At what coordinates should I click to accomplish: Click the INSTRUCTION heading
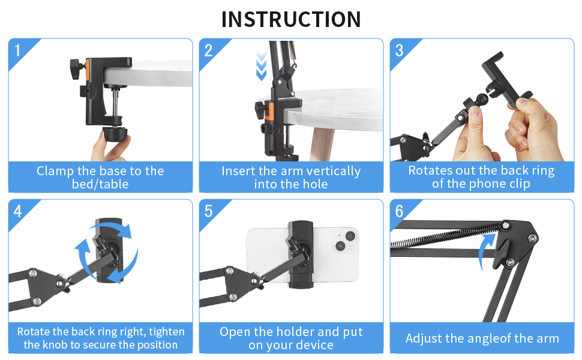point(291,19)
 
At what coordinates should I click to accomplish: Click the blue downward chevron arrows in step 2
point(262,66)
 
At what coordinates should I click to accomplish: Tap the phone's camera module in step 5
point(346,241)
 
